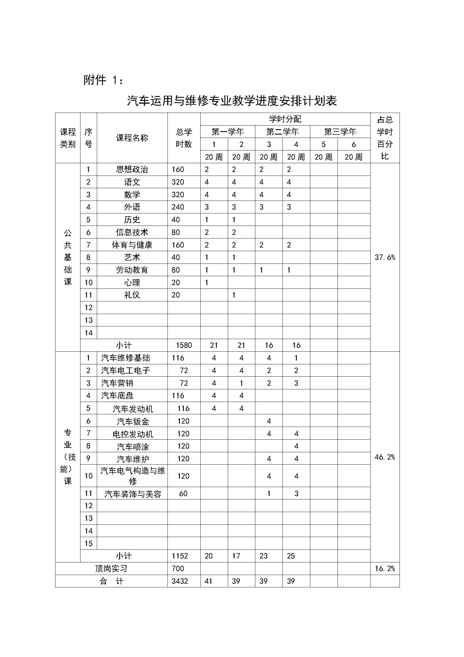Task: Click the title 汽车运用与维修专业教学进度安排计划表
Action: tap(232, 101)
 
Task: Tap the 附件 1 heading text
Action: tap(103, 80)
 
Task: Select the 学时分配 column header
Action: tap(285, 119)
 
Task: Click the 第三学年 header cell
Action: tap(340, 132)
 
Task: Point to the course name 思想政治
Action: tap(132, 169)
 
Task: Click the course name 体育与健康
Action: tap(132, 245)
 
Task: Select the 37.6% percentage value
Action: tap(385, 257)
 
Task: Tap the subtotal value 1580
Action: tap(184, 345)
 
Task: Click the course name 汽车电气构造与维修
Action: tap(133, 476)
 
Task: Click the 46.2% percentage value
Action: tap(385, 457)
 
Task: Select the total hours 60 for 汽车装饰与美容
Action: tap(183, 493)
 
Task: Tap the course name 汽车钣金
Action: tap(133, 421)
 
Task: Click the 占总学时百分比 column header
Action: tap(385, 138)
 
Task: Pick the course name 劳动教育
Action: tap(132, 270)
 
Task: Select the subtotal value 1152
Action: tap(180, 556)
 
